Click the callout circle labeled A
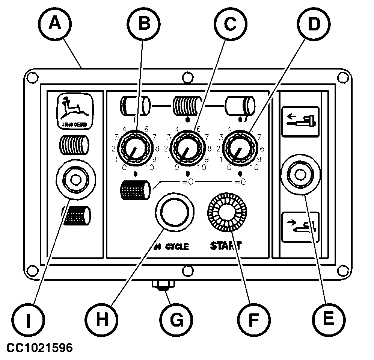coord(55,24)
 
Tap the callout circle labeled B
coord(143,24)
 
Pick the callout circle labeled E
coord(328,320)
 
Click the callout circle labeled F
coord(254,320)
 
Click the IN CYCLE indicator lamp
coord(174,212)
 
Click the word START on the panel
coord(226,247)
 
